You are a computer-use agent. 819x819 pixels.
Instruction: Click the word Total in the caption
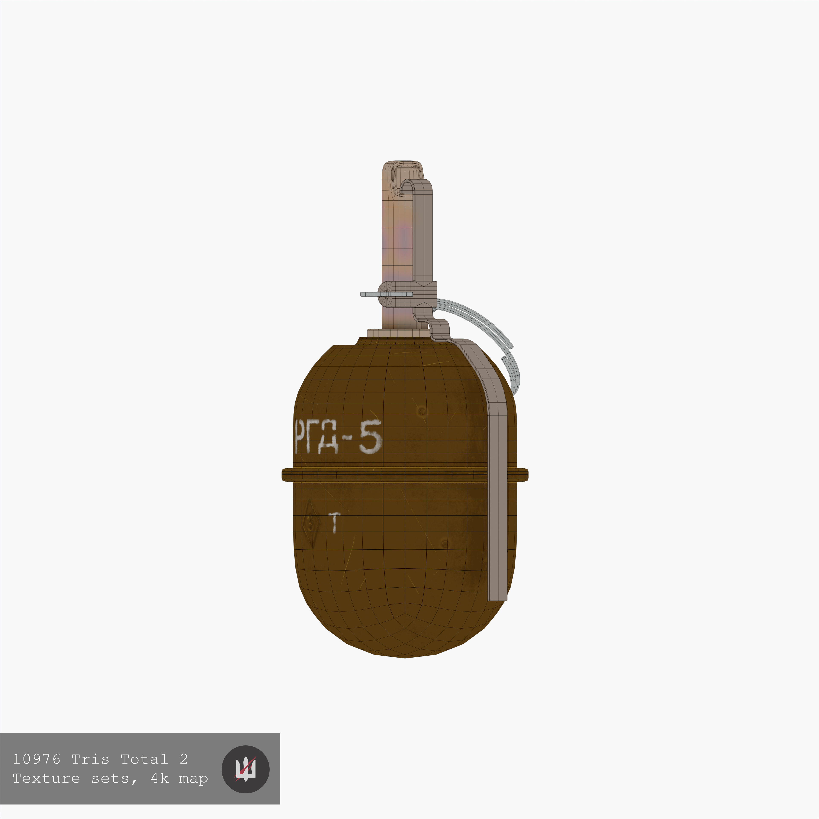pyautogui.click(x=144, y=759)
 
